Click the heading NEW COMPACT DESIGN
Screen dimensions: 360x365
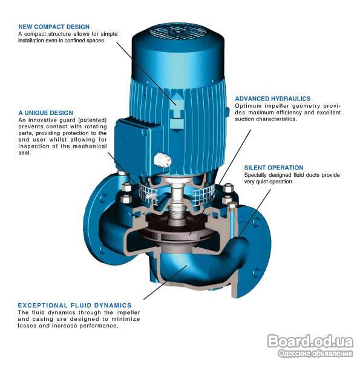[54, 27]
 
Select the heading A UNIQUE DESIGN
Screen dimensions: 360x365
[45, 113]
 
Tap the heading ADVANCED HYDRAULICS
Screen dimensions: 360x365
[273, 99]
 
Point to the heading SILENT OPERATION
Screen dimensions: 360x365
[273, 168]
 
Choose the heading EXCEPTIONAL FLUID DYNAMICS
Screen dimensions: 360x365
[74, 305]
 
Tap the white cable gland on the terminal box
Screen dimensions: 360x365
[163, 160]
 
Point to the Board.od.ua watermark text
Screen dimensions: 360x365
[310, 341]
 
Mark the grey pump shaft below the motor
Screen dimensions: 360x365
[177, 202]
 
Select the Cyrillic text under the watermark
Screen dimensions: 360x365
[315, 353]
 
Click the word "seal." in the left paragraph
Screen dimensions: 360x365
[25, 153]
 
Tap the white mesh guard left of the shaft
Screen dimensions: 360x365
[148, 192]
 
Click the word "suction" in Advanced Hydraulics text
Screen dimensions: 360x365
[244, 119]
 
